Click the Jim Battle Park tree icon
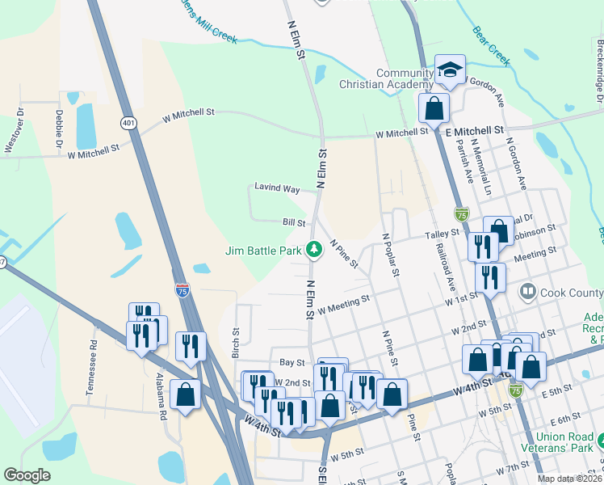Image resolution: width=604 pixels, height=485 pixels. click(x=314, y=251)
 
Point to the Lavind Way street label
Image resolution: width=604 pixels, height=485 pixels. click(x=278, y=188)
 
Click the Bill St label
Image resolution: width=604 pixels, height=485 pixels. click(x=294, y=222)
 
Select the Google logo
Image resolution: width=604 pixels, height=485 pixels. click(x=27, y=475)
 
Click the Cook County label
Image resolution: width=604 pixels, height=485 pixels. click(x=566, y=290)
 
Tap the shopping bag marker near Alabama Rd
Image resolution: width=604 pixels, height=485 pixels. click(x=186, y=396)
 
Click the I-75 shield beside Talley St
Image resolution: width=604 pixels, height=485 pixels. click(x=461, y=214)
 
